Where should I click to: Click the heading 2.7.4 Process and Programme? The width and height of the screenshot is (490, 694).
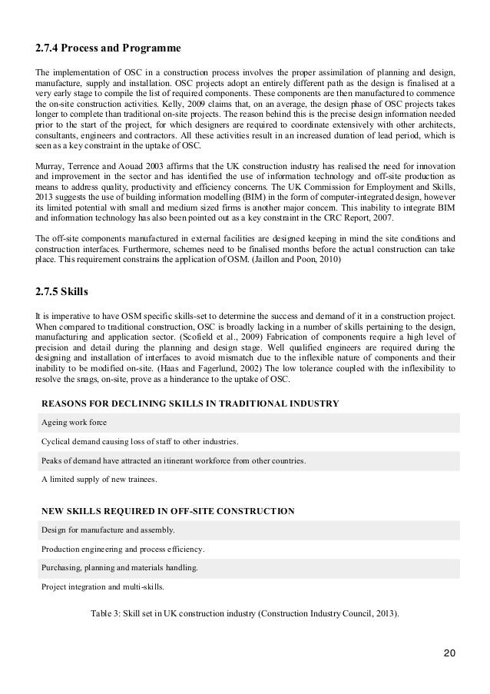coord(108,49)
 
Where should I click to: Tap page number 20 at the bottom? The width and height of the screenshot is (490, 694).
coord(449,653)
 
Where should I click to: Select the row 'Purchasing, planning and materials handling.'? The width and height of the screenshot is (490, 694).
coord(120,569)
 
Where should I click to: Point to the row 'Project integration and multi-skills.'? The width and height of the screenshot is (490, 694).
coord(107,588)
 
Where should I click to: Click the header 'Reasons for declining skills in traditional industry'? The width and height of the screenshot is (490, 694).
coord(190,403)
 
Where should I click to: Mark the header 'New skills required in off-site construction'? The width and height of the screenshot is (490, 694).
coord(167,510)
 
